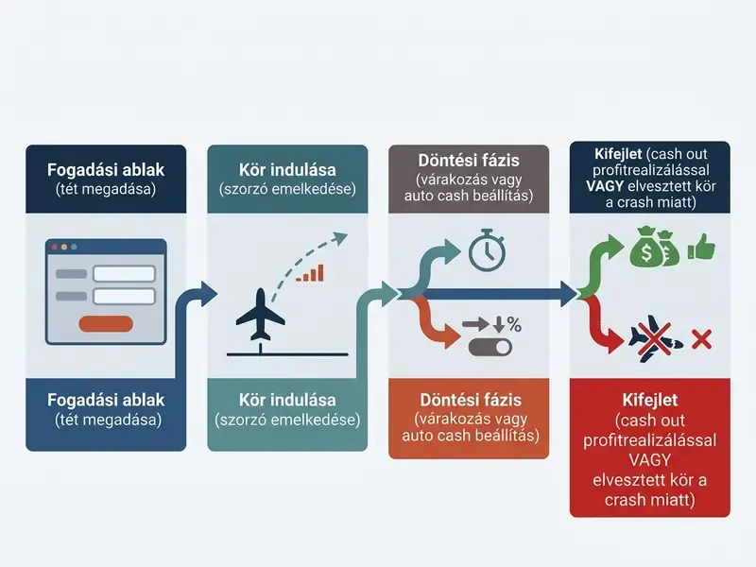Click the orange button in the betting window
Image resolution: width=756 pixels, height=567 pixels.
(106, 324)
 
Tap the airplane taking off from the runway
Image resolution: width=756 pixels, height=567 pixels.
(261, 314)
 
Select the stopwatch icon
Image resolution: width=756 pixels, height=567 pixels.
(487, 249)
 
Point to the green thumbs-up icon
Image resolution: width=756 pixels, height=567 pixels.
(701, 247)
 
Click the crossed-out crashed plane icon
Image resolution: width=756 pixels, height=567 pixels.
(655, 337)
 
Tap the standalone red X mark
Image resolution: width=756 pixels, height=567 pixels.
(701, 339)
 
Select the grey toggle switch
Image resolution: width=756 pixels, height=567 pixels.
(490, 347)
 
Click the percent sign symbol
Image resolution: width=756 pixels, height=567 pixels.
(514, 324)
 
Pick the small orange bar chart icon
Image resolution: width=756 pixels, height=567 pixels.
(310, 273)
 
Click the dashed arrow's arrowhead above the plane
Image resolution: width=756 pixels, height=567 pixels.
(340, 238)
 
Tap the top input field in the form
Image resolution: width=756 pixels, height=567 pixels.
(125, 273)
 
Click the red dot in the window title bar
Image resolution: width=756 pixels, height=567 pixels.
(55, 247)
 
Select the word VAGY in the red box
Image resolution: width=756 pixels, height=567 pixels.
(649, 460)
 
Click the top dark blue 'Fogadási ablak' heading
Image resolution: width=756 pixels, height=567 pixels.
(106, 170)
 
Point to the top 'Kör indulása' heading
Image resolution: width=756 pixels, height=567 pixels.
(287, 170)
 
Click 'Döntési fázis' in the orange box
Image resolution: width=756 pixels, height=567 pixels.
(471, 400)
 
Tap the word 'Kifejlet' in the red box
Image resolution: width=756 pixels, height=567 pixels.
(650, 400)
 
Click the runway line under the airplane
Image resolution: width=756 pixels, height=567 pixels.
(287, 354)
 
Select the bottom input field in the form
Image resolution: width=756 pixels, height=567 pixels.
(125, 296)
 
